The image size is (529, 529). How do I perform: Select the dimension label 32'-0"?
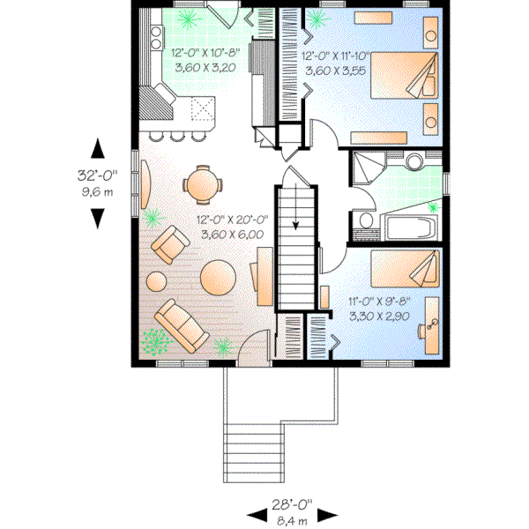(x=97, y=175)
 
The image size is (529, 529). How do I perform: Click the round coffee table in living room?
(x=217, y=277)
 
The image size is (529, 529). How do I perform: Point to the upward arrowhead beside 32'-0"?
(x=98, y=148)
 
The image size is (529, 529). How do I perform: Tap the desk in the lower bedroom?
(x=429, y=325)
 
